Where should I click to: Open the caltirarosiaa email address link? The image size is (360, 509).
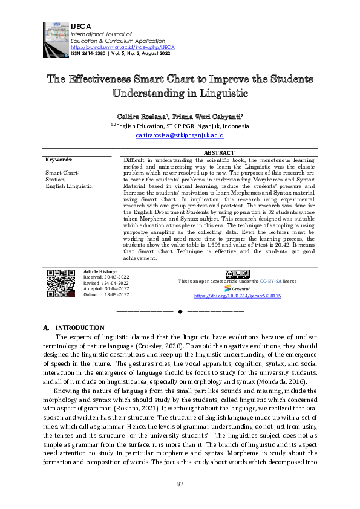tap(179, 136)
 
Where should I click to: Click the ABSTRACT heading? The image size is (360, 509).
tap(219, 154)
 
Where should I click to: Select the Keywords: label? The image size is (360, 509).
tap(59, 160)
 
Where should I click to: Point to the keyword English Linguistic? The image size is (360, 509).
tap(70, 186)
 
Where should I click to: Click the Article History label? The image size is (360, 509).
tap(100, 272)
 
